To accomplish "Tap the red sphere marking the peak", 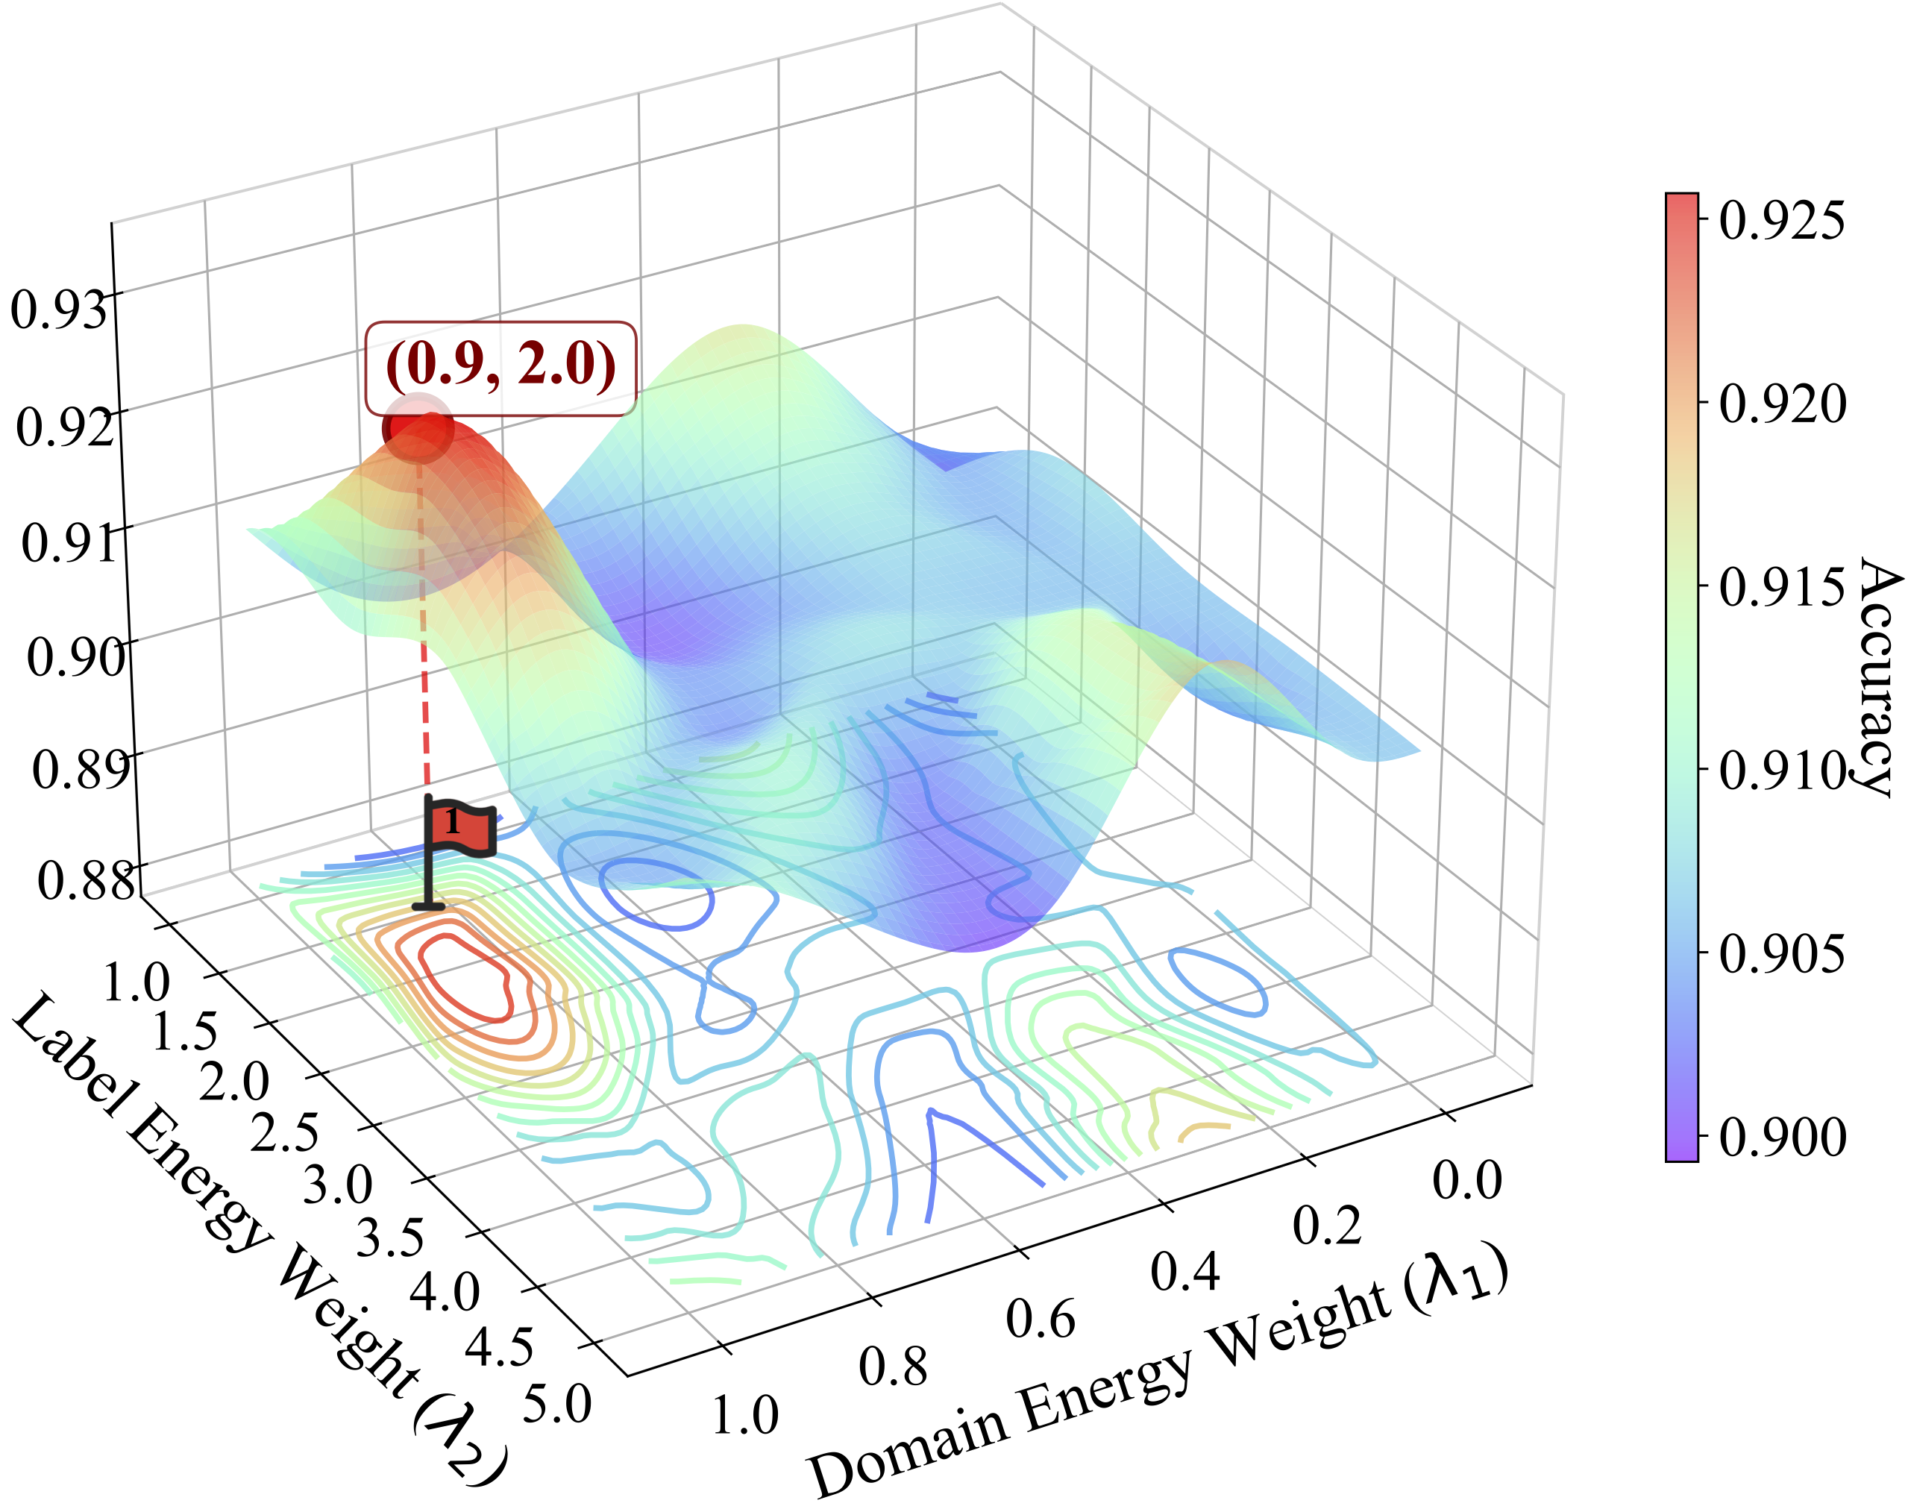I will click(418, 428).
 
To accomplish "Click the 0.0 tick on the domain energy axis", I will click(1467, 1180).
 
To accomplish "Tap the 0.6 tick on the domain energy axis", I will click(1041, 1319).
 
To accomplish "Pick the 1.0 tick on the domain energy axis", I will click(745, 1414).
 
